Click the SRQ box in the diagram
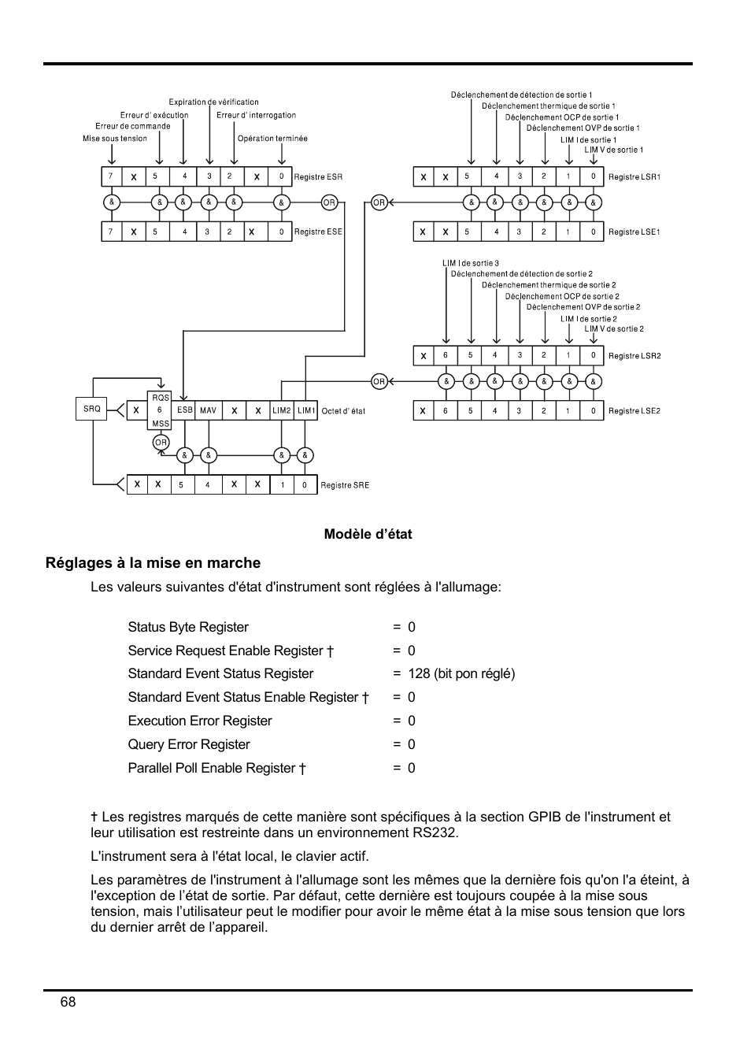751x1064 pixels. [92, 410]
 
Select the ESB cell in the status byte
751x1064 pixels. [185, 410]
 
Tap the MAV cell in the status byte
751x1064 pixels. [208, 410]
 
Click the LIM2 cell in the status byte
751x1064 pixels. [282, 410]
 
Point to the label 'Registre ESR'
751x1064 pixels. [318, 177]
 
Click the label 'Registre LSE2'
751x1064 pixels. [634, 411]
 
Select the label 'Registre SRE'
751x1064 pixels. [345, 485]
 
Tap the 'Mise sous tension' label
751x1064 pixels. [115, 139]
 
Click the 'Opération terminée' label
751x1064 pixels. [272, 139]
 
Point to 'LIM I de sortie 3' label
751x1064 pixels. [471, 263]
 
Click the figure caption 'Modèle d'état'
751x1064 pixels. [368, 534]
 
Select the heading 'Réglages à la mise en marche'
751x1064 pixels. [153, 563]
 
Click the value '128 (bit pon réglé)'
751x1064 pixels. [461, 673]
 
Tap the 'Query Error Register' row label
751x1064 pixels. [189, 744]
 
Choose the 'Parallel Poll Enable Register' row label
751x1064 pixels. [216, 768]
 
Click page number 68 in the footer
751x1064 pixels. [68, 1002]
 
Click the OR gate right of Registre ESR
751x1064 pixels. [329, 203]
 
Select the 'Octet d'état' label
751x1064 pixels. [343, 411]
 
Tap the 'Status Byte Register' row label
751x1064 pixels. [188, 627]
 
